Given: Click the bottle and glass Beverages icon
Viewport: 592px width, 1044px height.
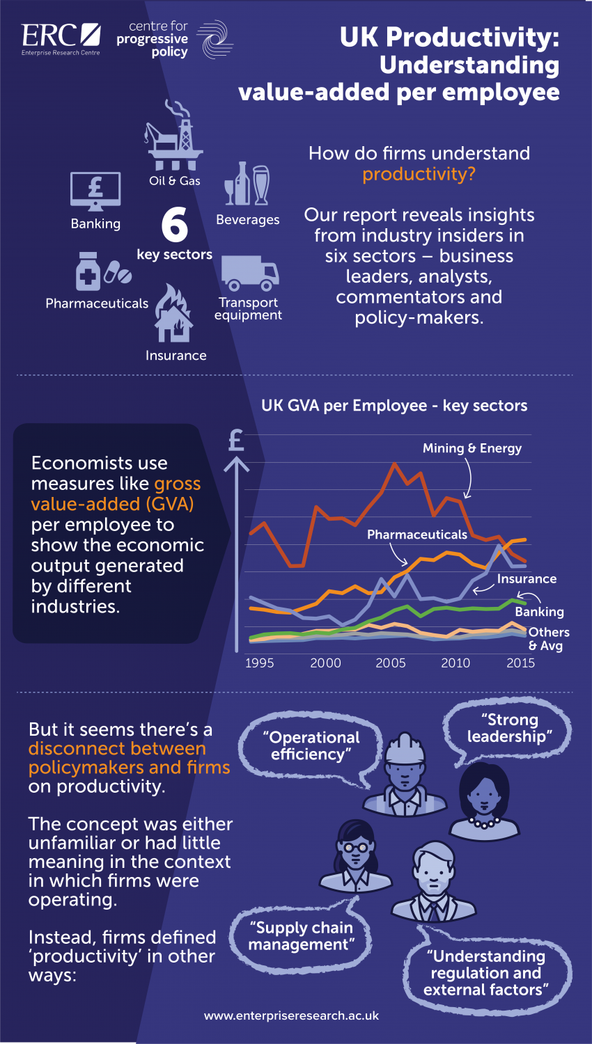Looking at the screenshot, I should [x=247, y=184].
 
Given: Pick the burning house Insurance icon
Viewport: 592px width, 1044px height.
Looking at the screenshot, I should [x=174, y=313].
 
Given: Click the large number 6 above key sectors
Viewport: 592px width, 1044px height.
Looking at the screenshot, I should [x=174, y=224].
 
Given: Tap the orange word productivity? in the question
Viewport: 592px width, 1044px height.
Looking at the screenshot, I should [x=419, y=174].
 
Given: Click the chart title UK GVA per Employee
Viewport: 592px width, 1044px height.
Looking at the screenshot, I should [x=394, y=406].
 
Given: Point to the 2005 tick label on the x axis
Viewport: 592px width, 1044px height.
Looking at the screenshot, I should [x=391, y=663].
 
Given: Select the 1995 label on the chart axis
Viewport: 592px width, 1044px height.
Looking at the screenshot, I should [x=260, y=663].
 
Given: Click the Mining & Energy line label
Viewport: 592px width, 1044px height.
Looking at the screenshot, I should [x=472, y=449].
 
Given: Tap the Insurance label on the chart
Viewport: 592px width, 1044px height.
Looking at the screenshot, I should [x=527, y=579].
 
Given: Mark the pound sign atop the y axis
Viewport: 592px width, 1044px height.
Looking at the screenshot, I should [x=236, y=440].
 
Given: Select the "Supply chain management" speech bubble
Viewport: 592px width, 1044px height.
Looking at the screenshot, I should [x=301, y=936].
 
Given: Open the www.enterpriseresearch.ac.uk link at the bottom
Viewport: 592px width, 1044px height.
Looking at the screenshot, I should [x=291, y=1015].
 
